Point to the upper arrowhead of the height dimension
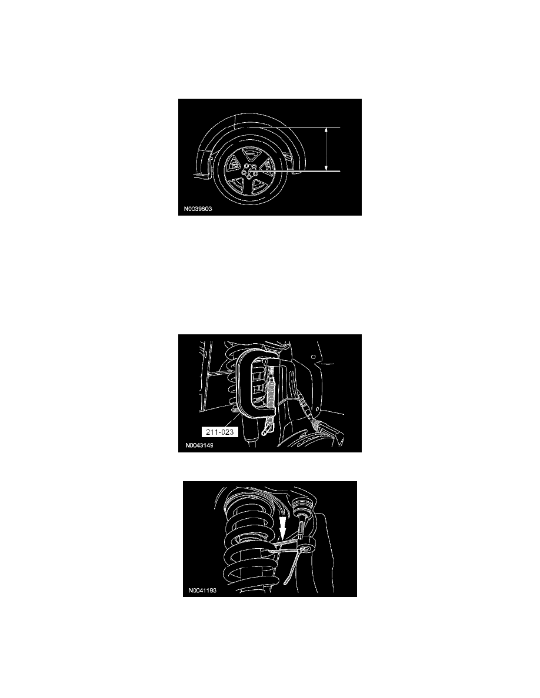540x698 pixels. (326, 130)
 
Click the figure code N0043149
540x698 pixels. (198, 445)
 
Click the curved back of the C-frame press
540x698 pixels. (242, 385)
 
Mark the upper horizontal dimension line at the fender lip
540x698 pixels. (288, 127)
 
